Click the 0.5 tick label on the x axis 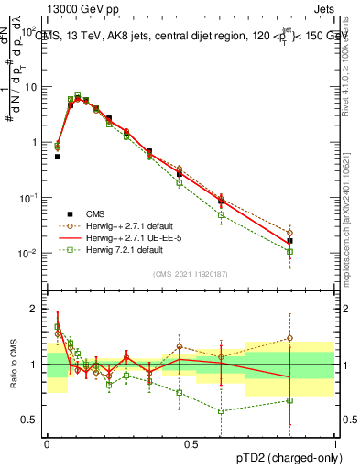(x=191, y=443)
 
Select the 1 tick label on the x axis (x=334, y=443)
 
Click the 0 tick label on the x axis (x=47, y=443)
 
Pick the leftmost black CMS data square (x=58, y=157)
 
